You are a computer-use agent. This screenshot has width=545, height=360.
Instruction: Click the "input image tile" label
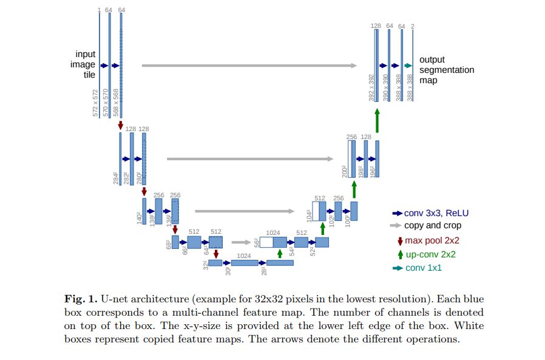coord(86,64)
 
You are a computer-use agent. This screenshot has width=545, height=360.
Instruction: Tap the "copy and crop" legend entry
coord(432,225)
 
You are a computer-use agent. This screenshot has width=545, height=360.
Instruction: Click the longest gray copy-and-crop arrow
coord(249,66)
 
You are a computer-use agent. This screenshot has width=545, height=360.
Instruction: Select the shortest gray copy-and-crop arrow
coord(241,240)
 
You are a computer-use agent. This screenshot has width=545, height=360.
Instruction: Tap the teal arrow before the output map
coord(408,66)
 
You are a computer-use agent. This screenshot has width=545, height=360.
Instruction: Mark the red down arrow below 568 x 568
coord(121,124)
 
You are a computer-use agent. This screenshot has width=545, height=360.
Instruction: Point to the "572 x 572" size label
coord(95,103)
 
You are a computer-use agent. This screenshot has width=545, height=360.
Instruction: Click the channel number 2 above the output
coord(413,25)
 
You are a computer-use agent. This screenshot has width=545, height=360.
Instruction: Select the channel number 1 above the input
coord(99,10)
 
